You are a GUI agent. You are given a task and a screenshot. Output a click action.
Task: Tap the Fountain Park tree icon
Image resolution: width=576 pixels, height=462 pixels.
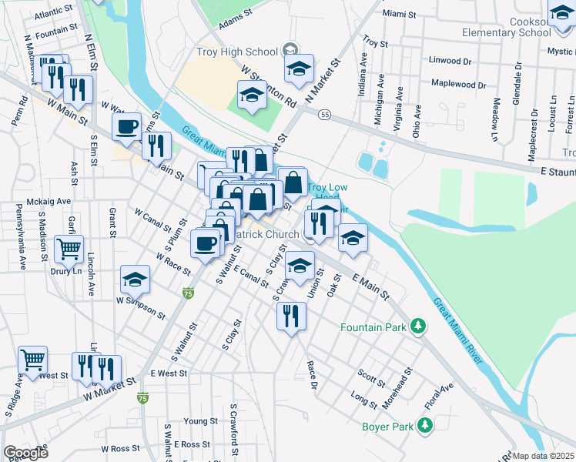click(418, 327)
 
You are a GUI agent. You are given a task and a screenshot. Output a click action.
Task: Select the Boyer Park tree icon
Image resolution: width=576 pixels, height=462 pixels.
click(424, 425)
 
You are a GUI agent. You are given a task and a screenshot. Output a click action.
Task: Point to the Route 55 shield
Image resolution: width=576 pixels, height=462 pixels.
click(326, 115)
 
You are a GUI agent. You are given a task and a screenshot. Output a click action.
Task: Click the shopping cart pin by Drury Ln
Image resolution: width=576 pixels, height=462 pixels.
click(69, 250)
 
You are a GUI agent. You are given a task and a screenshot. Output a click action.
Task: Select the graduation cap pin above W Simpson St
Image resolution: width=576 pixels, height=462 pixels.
click(136, 280)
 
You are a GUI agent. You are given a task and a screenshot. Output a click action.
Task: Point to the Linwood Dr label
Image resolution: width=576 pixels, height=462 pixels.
click(450, 60)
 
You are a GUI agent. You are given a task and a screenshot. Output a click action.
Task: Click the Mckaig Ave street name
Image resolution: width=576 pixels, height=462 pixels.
click(49, 201)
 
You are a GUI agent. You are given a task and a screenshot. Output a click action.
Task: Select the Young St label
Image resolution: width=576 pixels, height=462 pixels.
click(200, 421)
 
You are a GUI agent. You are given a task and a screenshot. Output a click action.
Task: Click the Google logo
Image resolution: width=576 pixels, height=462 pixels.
click(25, 453)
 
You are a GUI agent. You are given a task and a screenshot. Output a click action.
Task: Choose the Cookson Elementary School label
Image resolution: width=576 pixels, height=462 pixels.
click(506, 27)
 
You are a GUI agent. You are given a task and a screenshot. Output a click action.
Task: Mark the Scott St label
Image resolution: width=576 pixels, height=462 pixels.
click(370, 377)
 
